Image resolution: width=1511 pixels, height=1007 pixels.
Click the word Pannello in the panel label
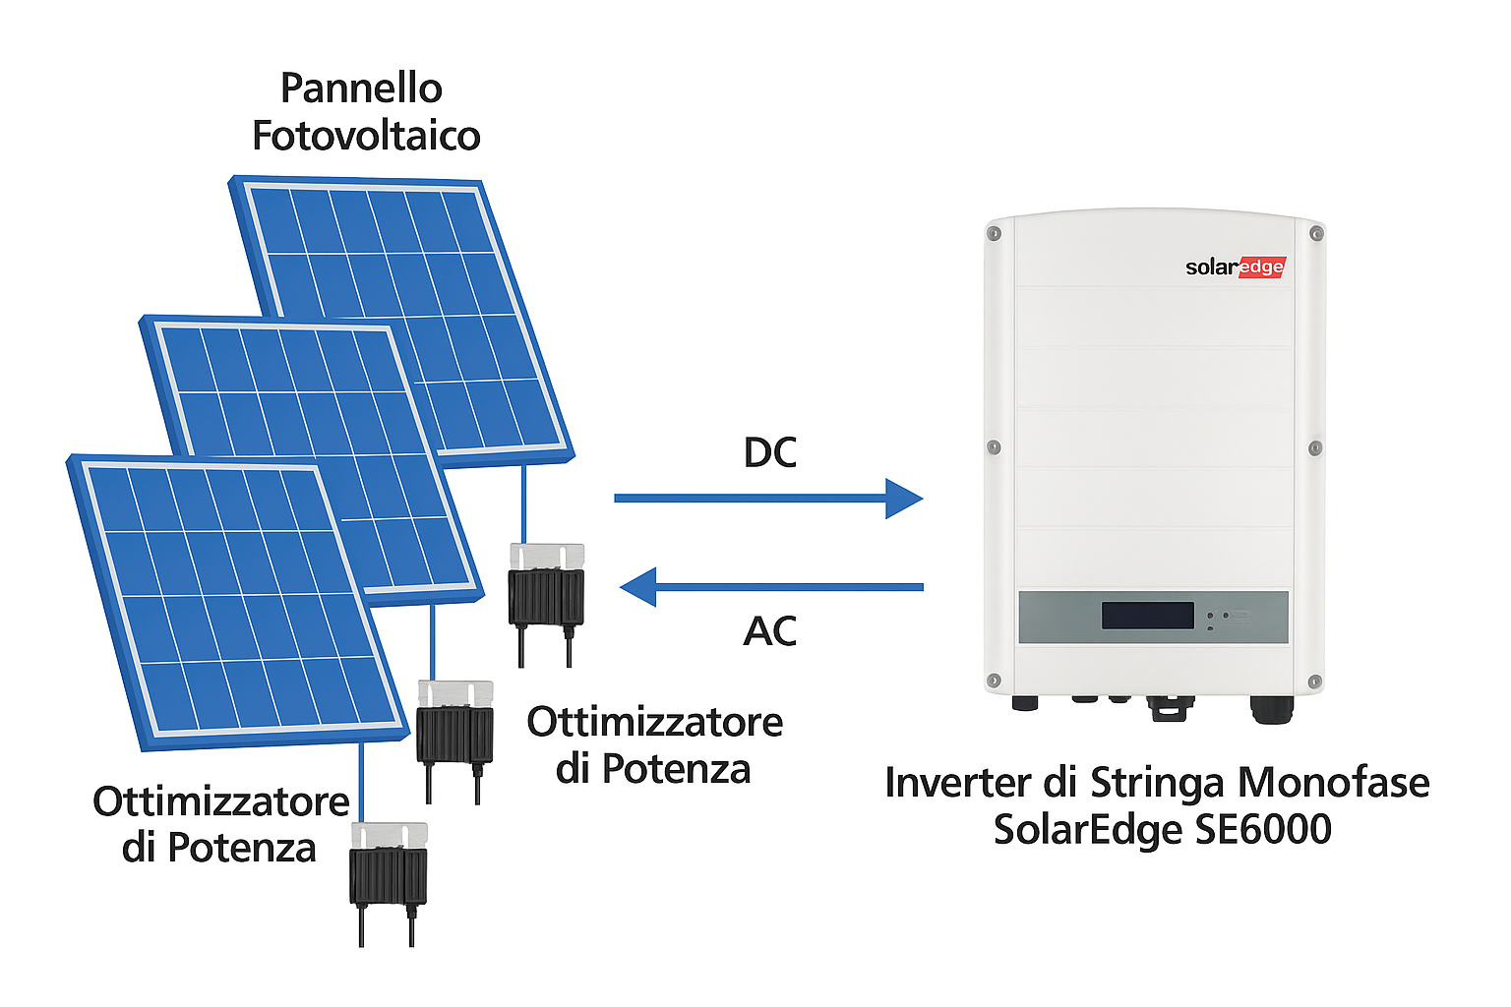click(361, 89)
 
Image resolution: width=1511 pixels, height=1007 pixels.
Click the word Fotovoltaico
click(366, 136)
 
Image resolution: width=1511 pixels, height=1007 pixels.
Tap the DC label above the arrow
click(769, 452)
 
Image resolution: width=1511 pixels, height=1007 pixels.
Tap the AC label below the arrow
click(769, 630)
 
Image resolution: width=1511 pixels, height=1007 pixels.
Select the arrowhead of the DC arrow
click(903, 498)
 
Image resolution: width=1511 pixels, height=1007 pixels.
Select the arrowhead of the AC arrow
click(639, 587)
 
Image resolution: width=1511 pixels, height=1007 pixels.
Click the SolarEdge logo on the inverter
click(1235, 267)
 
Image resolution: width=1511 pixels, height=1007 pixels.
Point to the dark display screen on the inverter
click(1147, 616)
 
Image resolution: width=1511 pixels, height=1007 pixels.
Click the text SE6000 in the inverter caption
click(1262, 829)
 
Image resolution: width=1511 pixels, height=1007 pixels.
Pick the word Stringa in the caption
click(1157, 783)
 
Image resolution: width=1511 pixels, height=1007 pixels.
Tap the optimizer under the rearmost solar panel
click(546, 590)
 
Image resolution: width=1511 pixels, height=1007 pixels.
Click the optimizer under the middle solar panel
click(454, 728)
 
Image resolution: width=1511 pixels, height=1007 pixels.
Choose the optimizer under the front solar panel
click(389, 870)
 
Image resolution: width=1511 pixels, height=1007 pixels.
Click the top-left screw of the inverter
click(995, 234)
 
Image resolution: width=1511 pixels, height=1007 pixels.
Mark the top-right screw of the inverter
click(1316, 234)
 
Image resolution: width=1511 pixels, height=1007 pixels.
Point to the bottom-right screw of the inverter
click(1314, 681)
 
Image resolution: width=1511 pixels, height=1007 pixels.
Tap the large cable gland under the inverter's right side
click(1271, 708)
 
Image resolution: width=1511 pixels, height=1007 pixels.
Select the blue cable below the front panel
click(362, 782)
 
